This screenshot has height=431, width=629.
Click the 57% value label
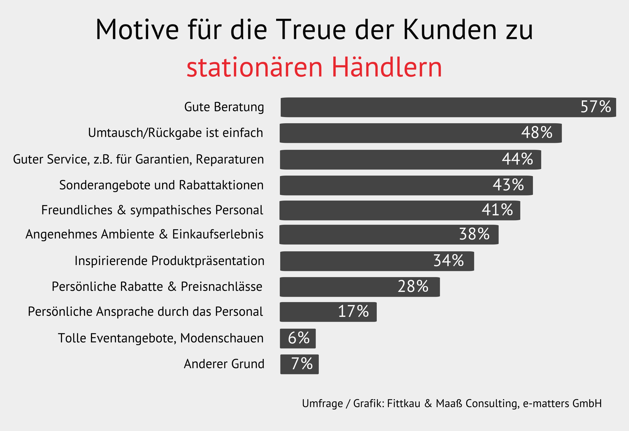tap(595, 107)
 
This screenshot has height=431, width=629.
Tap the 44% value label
tap(517, 159)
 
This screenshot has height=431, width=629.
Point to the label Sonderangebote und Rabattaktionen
tap(161, 185)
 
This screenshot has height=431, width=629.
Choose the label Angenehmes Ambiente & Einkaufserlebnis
tap(144, 234)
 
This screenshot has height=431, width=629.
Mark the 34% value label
tap(448, 260)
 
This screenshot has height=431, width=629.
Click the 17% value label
tap(353, 311)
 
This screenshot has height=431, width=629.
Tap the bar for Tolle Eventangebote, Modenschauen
tap(298, 338)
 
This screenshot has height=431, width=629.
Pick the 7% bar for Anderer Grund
tap(299, 364)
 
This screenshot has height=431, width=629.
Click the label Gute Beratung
tap(224, 107)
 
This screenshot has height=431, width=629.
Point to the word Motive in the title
tap(137, 30)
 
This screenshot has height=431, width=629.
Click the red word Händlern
tap(387, 67)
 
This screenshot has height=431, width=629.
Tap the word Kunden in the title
tap(450, 30)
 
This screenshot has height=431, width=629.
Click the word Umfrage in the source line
tap(322, 404)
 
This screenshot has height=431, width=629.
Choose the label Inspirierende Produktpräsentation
tap(169, 261)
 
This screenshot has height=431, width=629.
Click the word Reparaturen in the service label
tap(229, 159)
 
